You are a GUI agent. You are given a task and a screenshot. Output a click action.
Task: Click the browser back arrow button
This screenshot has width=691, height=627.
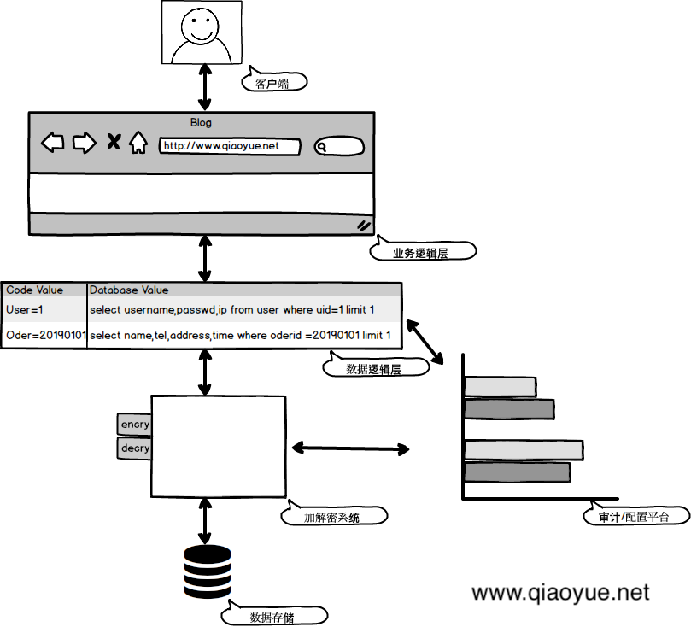click(54, 143)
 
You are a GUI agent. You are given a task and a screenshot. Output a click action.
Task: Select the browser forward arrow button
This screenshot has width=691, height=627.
click(84, 143)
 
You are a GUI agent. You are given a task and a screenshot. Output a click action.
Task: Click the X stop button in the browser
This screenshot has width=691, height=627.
click(113, 143)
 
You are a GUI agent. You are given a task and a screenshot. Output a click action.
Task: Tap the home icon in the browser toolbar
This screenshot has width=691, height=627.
click(138, 144)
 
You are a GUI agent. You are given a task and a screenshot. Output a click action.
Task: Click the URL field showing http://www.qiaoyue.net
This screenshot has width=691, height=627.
click(230, 146)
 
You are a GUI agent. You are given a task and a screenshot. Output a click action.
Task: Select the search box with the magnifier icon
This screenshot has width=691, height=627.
click(339, 147)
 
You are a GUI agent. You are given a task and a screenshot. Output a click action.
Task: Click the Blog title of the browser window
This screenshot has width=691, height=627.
click(201, 122)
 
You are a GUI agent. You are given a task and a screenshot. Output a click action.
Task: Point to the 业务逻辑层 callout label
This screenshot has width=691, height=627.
click(422, 253)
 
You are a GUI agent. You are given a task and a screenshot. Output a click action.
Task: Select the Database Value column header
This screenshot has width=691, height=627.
click(129, 290)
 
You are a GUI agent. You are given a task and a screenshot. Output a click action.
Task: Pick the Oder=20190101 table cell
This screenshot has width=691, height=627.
click(45, 336)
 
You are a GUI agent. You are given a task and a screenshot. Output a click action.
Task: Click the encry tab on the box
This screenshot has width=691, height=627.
click(134, 424)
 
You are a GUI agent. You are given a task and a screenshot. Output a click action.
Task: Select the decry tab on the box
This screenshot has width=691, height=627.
click(134, 448)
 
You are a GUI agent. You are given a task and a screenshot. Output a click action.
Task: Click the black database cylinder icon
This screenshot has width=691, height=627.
click(208, 571)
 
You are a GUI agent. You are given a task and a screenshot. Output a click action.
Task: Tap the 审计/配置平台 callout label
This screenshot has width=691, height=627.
click(637, 517)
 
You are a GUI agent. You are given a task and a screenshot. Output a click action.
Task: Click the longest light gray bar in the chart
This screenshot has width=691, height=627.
click(523, 449)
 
